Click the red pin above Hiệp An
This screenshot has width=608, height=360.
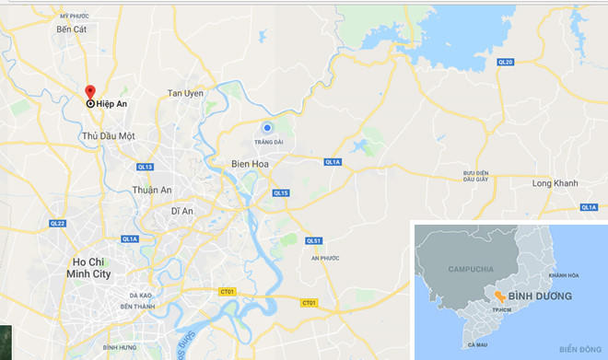[x=90, y=92]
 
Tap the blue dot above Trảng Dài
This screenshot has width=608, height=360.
[x=267, y=128]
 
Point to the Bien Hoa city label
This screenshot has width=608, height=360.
[x=247, y=164]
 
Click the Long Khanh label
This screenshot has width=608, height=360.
[x=555, y=183]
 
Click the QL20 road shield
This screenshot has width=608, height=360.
[x=504, y=63]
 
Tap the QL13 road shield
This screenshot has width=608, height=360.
[x=145, y=167]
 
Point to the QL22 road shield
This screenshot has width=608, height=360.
[x=57, y=224]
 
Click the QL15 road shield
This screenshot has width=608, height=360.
[x=281, y=192]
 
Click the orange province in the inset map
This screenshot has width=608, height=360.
[x=497, y=296]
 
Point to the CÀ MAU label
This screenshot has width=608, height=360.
[x=477, y=344]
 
